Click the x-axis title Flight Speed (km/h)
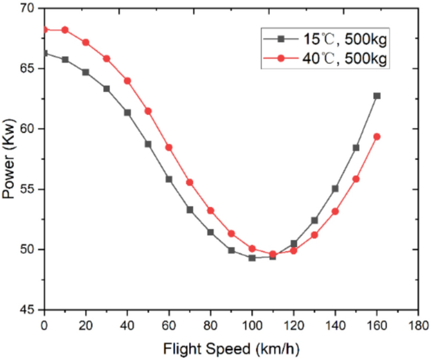click(x=230, y=350)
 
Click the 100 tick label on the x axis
click(x=252, y=324)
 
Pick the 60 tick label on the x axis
click(x=169, y=324)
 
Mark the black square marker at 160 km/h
click(x=376, y=96)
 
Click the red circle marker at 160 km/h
click(x=376, y=136)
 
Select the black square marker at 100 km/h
click(x=252, y=257)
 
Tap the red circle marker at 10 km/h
click(x=65, y=30)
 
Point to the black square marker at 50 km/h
click(x=148, y=144)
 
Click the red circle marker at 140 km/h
click(x=335, y=211)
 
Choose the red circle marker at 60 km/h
click(x=169, y=147)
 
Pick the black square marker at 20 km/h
click(x=86, y=73)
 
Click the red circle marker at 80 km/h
click(x=211, y=210)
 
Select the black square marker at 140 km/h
click(x=335, y=189)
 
